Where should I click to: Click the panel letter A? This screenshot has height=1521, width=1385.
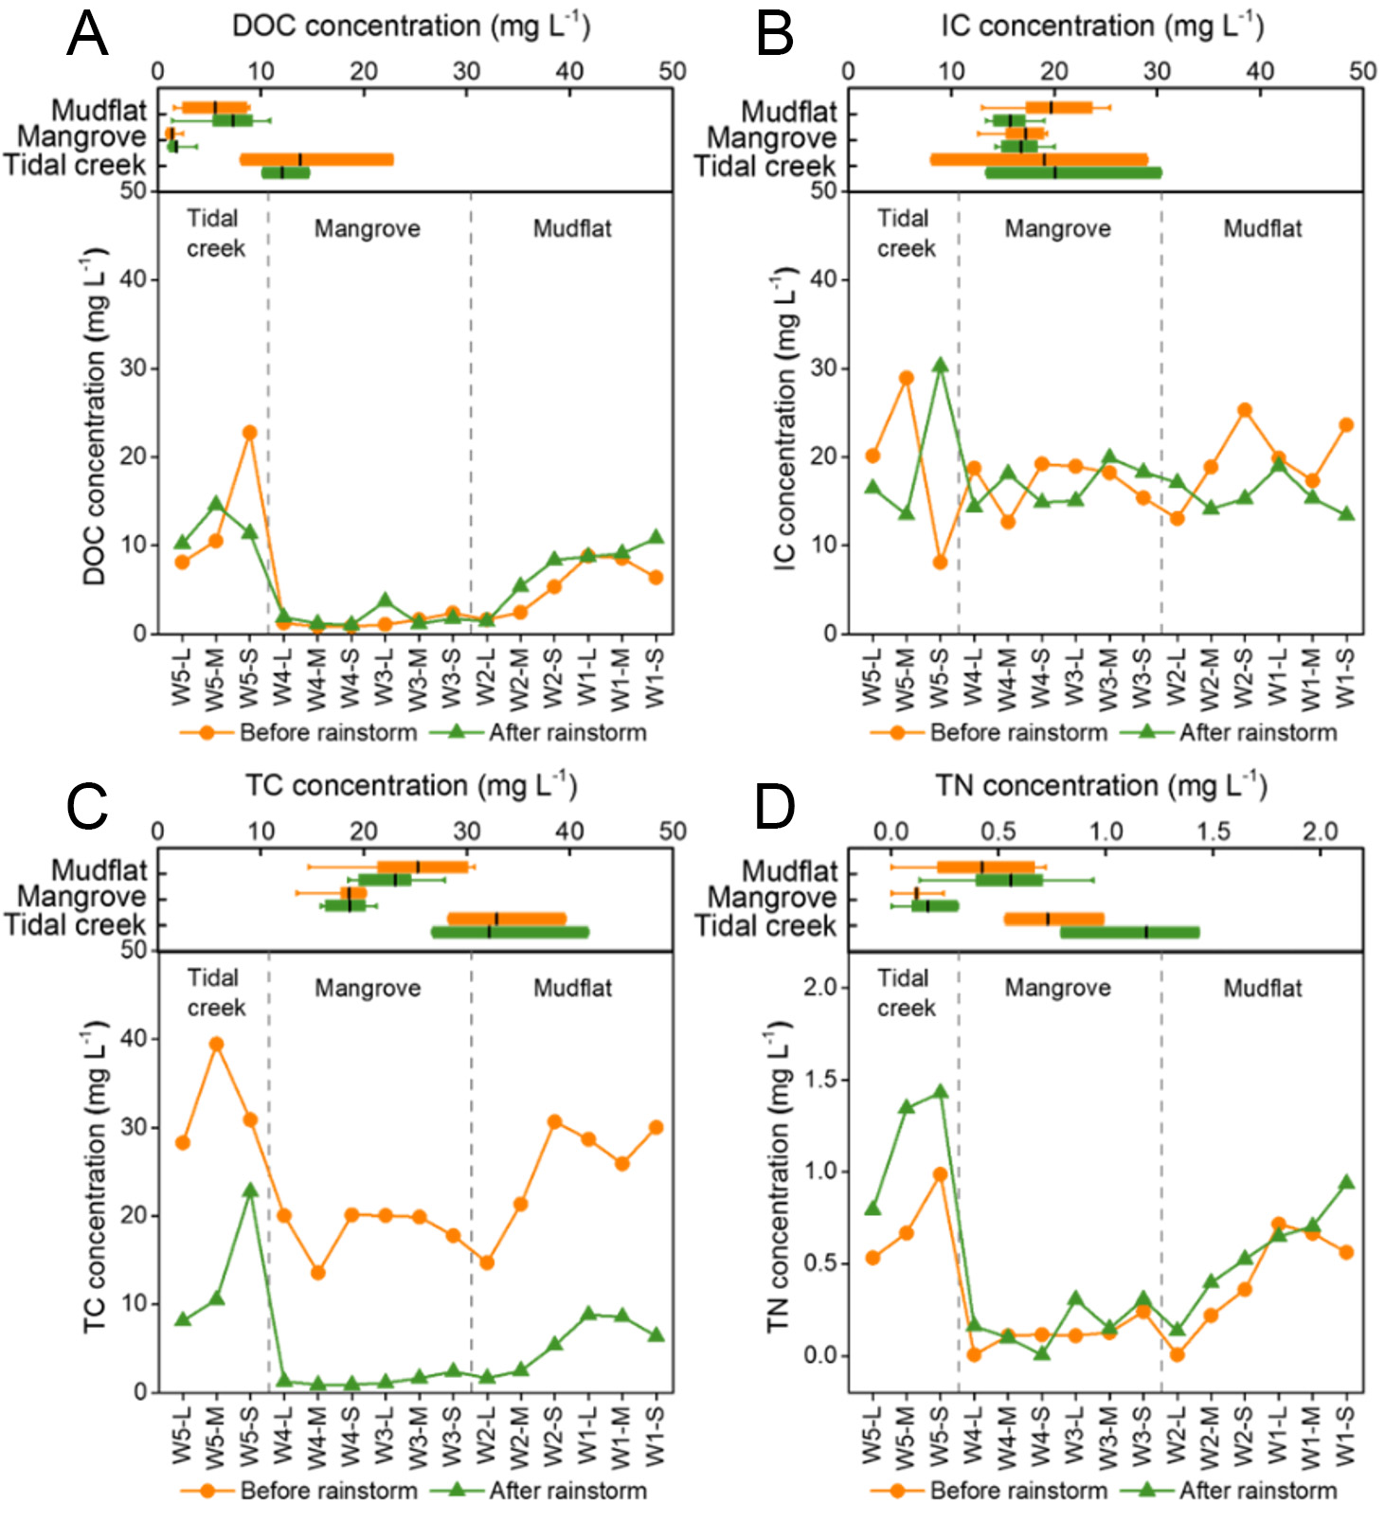87,35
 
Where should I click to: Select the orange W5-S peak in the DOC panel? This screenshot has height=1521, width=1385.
249,433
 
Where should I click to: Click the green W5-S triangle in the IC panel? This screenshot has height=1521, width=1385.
940,366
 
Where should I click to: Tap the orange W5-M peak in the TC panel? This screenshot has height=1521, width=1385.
216,1045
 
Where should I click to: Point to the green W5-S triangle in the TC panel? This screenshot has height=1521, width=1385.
249,1190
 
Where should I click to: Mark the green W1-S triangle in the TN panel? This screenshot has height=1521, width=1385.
1345,1183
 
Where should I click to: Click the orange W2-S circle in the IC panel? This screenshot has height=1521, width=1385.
1245,411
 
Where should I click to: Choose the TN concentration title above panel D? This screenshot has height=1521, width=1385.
1101,786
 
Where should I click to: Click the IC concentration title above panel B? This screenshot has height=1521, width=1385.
1101,27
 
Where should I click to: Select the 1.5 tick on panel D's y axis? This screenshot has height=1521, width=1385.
820,1080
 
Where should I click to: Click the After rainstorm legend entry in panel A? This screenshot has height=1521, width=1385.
567,733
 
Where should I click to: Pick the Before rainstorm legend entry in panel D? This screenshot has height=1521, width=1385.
1017,1491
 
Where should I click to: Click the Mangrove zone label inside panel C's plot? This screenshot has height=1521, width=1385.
368,989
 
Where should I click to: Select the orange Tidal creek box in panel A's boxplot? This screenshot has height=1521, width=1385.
316,159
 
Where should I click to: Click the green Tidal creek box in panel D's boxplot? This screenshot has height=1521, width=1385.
1129,933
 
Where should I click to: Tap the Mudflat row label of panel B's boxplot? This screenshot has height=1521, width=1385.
789,112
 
